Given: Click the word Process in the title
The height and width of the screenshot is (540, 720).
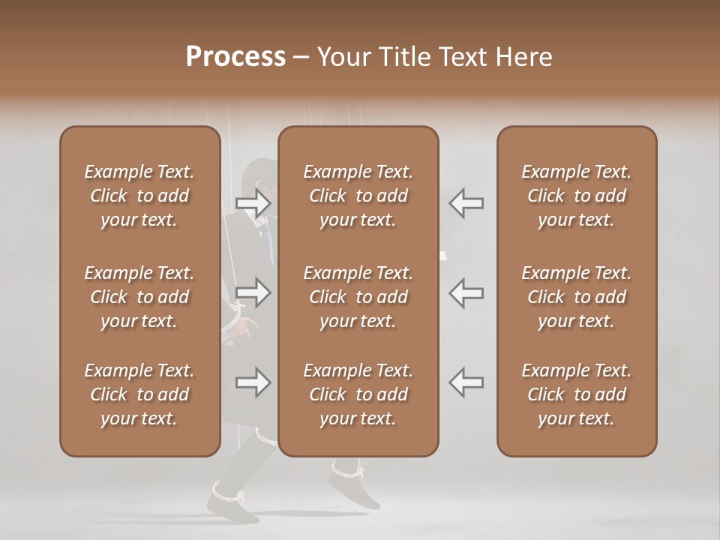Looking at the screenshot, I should [x=235, y=56].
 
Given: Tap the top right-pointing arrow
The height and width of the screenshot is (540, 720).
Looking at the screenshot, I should [x=253, y=202].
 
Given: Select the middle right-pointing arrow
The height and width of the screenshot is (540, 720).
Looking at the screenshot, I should [x=253, y=292].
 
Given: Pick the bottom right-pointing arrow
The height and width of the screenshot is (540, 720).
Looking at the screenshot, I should [x=253, y=382].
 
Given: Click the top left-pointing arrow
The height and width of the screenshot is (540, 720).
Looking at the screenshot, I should [x=466, y=202].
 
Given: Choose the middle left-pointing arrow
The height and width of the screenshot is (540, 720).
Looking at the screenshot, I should [x=466, y=292].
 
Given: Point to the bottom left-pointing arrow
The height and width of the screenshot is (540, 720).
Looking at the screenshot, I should [x=466, y=382].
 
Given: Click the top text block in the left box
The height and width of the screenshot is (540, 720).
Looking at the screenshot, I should [x=139, y=196].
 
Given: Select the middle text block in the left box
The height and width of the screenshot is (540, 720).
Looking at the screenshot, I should [x=139, y=297].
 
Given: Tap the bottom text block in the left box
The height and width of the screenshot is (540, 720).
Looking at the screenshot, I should [x=139, y=394].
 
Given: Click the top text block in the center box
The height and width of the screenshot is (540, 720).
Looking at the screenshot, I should [x=358, y=196].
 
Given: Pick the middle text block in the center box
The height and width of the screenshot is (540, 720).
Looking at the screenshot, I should [x=358, y=297].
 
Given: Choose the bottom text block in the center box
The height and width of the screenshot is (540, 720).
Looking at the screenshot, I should [x=358, y=394].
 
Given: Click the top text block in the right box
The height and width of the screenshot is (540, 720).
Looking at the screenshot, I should [x=577, y=196].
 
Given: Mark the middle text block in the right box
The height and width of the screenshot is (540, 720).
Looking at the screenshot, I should [x=577, y=297].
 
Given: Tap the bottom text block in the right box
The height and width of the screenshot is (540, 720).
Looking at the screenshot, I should [x=577, y=394].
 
